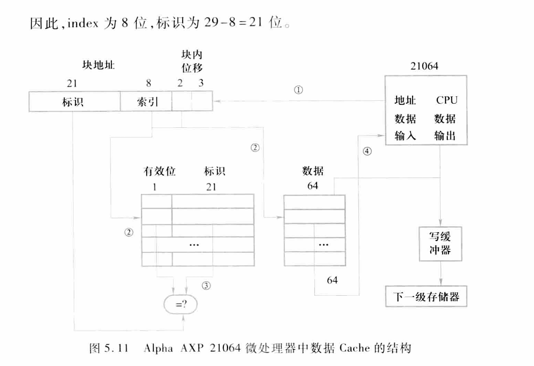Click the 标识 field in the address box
click(x=74, y=101)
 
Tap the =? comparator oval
click(x=179, y=304)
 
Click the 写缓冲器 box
click(x=440, y=243)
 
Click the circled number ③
click(x=206, y=285)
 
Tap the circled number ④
click(x=367, y=151)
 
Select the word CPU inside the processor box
click(x=446, y=100)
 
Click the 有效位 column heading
click(x=160, y=172)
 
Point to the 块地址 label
click(x=95, y=64)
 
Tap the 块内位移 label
click(x=192, y=60)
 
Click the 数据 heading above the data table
click(x=312, y=172)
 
